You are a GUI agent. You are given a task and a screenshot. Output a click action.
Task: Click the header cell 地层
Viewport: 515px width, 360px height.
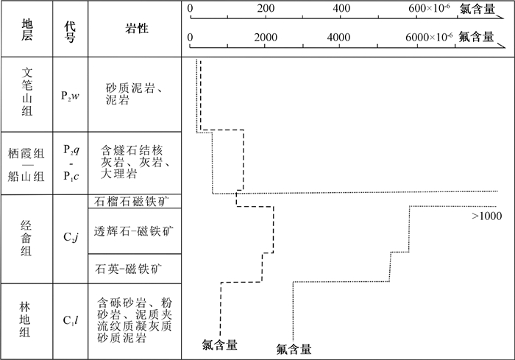[x=27, y=29]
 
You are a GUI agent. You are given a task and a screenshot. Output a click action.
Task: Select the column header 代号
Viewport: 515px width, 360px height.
[x=70, y=32]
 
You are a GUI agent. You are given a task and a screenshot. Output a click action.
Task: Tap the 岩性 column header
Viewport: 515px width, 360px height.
[x=137, y=29]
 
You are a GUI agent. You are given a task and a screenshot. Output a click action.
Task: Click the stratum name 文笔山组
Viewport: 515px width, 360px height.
[x=27, y=92]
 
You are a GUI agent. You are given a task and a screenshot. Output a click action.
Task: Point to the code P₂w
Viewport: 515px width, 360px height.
[x=70, y=96]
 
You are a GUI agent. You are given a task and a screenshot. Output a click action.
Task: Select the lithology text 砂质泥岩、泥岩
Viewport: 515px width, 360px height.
[x=135, y=93]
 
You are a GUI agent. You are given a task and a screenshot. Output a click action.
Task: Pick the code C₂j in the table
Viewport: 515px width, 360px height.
[x=71, y=237]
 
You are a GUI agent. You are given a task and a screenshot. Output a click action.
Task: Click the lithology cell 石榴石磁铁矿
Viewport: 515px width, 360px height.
[x=132, y=201]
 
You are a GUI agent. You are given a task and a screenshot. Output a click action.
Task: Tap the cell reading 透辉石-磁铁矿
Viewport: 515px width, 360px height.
[x=134, y=231]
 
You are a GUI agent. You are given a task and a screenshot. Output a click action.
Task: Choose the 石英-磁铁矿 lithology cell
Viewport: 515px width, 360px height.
[x=129, y=269]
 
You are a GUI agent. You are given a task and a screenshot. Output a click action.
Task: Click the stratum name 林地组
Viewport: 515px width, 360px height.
[x=25, y=320]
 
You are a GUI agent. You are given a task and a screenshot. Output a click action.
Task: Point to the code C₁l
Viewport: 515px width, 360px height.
[x=71, y=320]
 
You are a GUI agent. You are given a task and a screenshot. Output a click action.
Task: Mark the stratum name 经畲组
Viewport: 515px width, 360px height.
[x=26, y=238]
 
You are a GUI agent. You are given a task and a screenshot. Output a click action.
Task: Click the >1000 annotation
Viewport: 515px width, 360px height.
[x=487, y=216]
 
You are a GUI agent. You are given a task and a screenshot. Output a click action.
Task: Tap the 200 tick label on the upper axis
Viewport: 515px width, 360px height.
[x=266, y=8]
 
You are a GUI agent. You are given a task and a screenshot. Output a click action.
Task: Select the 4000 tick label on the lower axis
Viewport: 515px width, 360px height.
[x=338, y=37]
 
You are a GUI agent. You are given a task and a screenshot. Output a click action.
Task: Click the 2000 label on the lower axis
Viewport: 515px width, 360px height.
[x=266, y=37]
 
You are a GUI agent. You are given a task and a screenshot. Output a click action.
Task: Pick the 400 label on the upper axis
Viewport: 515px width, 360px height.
[x=341, y=8]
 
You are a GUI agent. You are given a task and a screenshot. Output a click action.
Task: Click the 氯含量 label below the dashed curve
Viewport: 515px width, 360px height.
[x=220, y=345]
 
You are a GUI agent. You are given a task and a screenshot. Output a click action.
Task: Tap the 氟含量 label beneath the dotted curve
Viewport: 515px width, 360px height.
[x=294, y=350]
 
